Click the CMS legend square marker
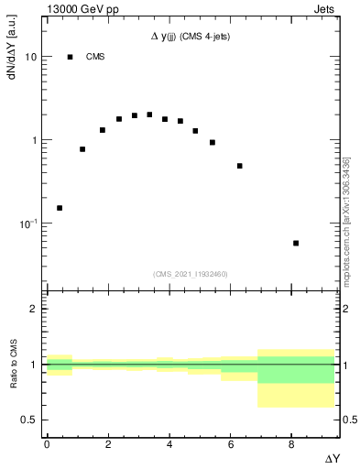tap(70, 57)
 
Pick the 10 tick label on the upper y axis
tap(30, 57)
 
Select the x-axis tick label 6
tap(230, 443)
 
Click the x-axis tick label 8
tap(291, 443)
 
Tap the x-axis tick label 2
tap(108, 443)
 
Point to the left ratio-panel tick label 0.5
tap(28, 420)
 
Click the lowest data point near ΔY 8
tap(296, 243)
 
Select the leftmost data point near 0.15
tap(60, 208)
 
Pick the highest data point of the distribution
tap(149, 115)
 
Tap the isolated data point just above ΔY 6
tap(239, 166)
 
